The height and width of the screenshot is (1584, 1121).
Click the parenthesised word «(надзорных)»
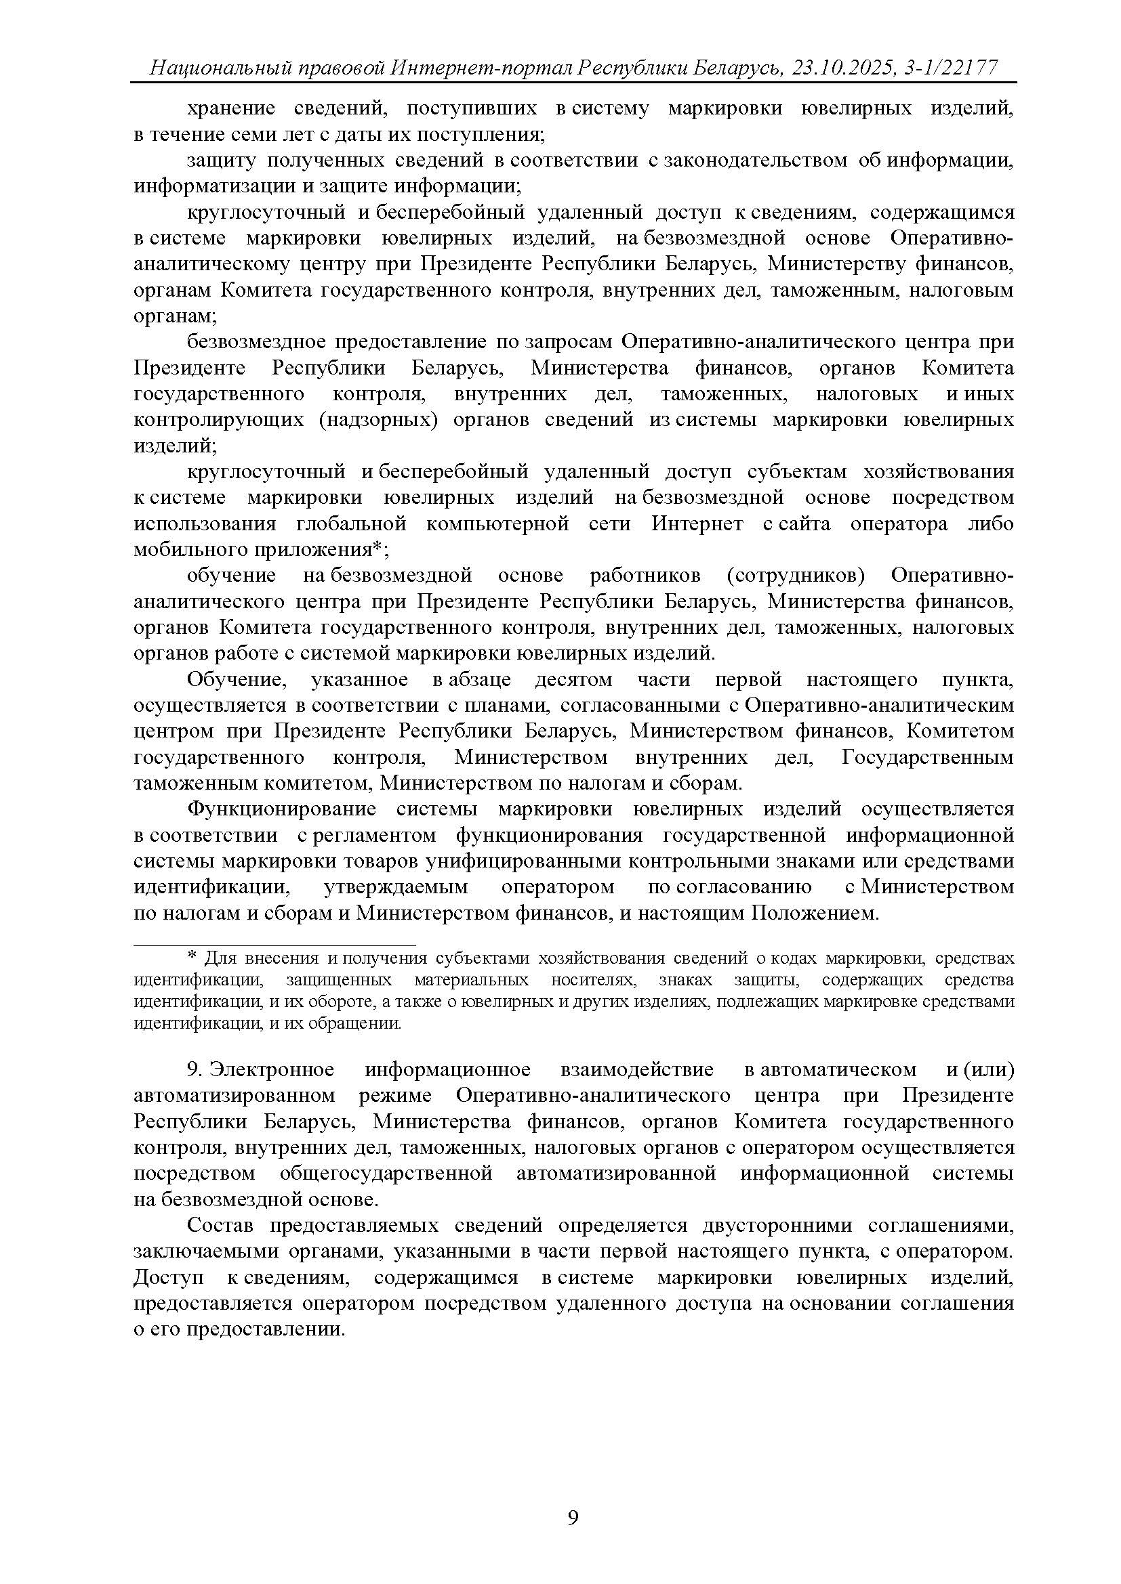pos(378,419)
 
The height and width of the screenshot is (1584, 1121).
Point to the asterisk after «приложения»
pos(378,549)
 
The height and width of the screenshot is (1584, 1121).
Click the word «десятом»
pos(573,679)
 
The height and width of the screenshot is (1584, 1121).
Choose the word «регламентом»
pos(375,836)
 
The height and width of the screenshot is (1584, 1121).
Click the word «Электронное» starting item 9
pos(272,1069)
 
